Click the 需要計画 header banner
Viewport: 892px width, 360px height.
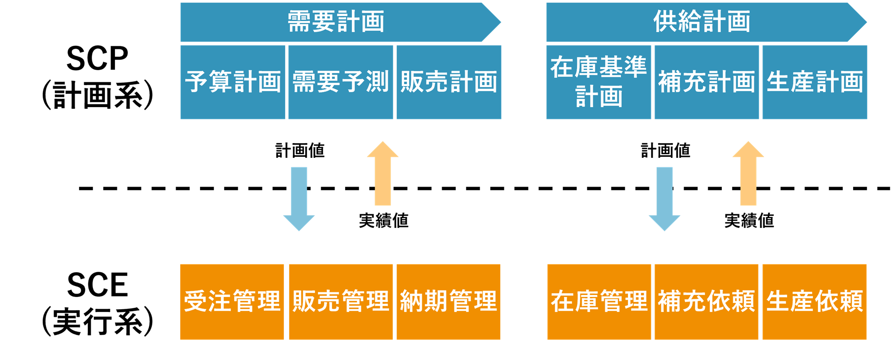point(336,22)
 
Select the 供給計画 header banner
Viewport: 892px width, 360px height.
point(702,22)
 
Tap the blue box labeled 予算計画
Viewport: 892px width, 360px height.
point(232,82)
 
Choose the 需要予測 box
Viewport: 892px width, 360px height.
point(341,82)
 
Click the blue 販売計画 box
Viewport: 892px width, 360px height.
point(449,82)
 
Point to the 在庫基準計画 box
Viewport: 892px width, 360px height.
point(599,82)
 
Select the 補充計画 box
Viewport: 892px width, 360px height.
point(707,82)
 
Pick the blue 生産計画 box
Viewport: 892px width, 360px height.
point(815,82)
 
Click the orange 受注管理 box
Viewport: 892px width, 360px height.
point(232,302)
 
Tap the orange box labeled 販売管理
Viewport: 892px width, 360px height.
point(341,302)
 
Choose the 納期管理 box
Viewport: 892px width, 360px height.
point(449,302)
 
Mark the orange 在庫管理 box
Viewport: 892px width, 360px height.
point(599,302)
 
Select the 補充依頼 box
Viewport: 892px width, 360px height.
point(706,302)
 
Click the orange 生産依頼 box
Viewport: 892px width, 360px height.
point(815,302)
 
